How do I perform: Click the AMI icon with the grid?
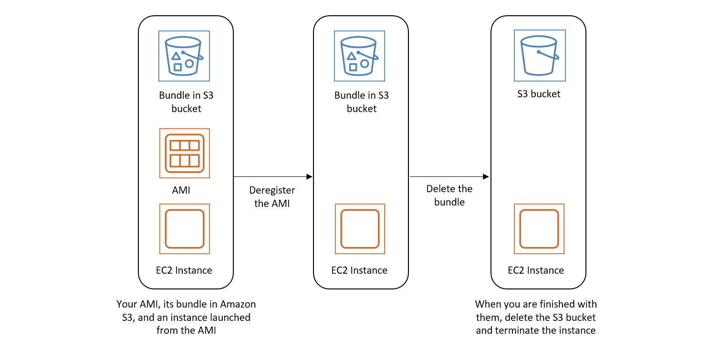point(184,153)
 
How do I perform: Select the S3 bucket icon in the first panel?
point(184,55)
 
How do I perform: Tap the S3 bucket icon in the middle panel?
point(360,55)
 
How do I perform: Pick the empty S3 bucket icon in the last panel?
point(540,55)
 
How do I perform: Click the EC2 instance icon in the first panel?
point(184,229)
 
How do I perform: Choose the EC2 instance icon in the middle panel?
point(360,229)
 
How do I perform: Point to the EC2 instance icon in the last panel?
point(539,229)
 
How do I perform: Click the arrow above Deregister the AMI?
point(272,177)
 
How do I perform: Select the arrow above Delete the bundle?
point(449,177)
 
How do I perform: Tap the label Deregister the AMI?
point(272,197)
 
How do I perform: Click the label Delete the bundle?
point(449,195)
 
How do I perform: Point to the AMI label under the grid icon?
point(181,191)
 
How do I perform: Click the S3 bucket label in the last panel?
point(539,94)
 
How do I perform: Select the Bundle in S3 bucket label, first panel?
point(186,102)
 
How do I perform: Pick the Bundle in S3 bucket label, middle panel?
point(362,102)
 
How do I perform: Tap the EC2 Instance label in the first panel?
point(184,270)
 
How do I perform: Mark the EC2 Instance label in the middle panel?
point(359,270)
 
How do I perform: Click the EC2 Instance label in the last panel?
point(536,270)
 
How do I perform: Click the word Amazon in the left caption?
point(238,304)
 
